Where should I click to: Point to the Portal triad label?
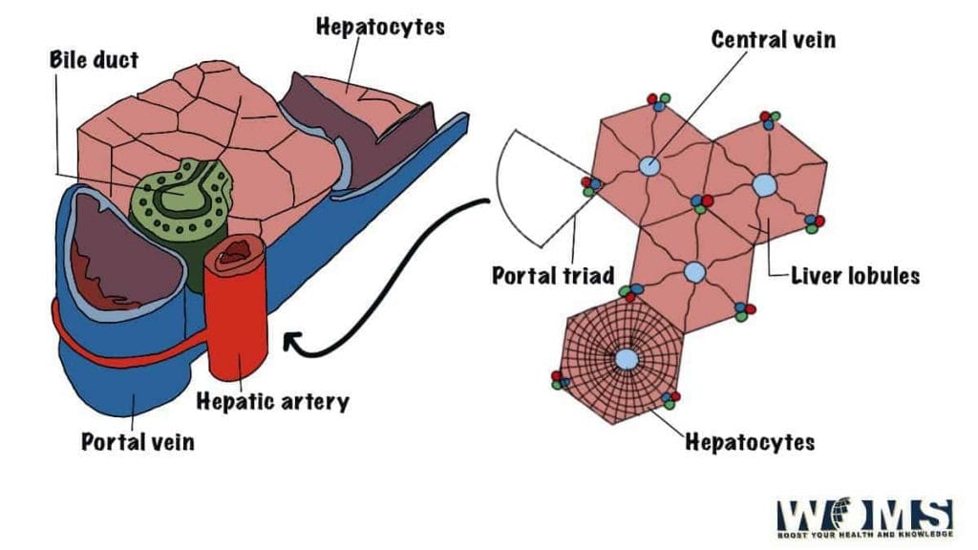tap(552, 276)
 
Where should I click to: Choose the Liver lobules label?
tap(855, 276)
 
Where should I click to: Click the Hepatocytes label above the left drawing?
tap(380, 27)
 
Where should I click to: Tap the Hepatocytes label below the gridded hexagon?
tap(749, 442)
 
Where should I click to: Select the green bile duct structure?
tap(181, 201)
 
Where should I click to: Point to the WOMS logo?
tap(864, 519)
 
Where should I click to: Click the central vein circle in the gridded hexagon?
tap(626, 359)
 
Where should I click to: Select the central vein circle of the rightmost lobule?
tap(764, 185)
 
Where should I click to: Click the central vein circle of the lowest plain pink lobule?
tap(695, 272)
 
